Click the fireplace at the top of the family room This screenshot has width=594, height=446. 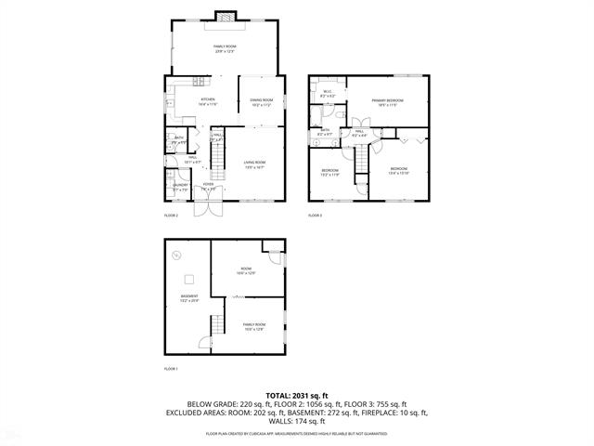[x=224, y=14]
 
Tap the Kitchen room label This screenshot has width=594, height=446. [x=207, y=100]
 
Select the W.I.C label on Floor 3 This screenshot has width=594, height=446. [x=327, y=91]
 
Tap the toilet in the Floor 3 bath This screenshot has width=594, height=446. [x=316, y=115]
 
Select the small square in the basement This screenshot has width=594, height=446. [x=188, y=278]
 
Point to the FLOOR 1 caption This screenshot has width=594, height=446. [x=171, y=369]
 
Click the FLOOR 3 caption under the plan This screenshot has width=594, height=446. [x=316, y=215]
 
